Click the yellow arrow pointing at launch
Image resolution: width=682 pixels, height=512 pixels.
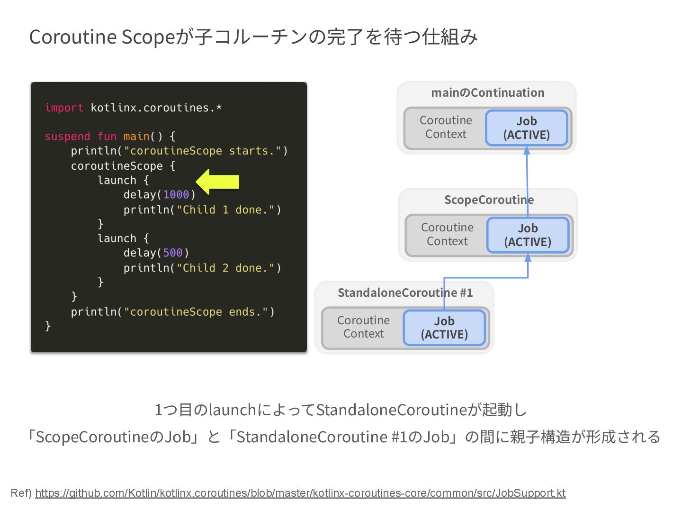[x=217, y=182]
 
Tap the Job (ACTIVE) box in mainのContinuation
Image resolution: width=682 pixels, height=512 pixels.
[x=526, y=128]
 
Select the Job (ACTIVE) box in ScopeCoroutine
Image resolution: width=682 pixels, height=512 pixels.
[x=528, y=235]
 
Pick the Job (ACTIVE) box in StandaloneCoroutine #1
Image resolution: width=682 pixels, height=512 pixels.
[x=444, y=328]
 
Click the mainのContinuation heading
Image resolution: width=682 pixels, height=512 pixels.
[x=487, y=92]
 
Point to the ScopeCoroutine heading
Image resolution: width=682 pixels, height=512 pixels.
[x=489, y=200]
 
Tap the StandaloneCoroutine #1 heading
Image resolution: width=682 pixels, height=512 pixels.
[x=405, y=293]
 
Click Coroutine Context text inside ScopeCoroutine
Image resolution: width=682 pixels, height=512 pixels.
[x=447, y=234]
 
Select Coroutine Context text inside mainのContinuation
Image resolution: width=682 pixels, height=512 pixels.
[x=446, y=127]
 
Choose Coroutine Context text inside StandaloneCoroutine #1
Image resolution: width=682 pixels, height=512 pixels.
[x=363, y=327]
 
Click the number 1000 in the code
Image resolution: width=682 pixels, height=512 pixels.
[x=176, y=195]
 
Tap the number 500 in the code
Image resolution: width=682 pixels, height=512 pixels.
[x=172, y=253]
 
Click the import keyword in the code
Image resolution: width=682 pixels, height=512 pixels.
[x=64, y=108]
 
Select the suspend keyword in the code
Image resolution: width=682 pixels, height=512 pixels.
[x=67, y=137]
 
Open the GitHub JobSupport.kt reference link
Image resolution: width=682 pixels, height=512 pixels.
[x=300, y=493]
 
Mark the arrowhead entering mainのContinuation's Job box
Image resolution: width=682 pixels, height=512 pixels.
[x=527, y=150]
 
